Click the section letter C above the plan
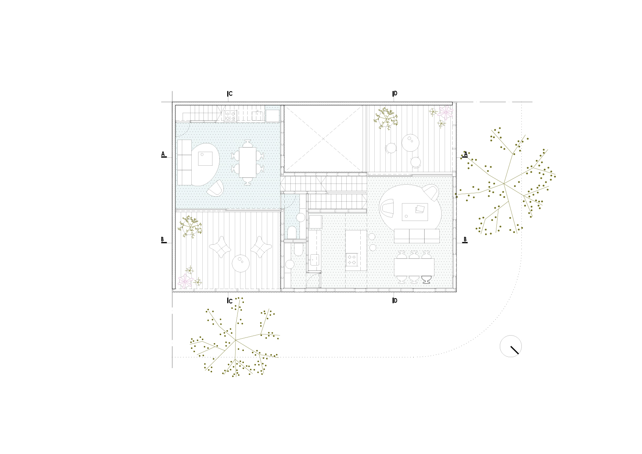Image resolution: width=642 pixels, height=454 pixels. [x=230, y=94]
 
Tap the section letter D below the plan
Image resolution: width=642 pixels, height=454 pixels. [x=395, y=301]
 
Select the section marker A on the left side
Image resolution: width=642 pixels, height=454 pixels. [x=163, y=154]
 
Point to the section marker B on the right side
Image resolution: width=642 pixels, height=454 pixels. [x=465, y=240]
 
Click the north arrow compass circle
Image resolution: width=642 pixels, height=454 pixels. [x=511, y=346]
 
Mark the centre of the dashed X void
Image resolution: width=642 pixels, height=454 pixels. [x=324, y=138]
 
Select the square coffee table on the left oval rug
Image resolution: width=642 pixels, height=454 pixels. [x=205, y=159]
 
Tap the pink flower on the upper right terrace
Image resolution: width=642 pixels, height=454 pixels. [x=446, y=113]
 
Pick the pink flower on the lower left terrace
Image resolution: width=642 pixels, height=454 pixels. [x=185, y=281]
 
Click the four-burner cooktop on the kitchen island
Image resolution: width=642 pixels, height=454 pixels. [x=352, y=259]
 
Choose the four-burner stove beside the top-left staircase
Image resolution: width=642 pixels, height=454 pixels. [x=230, y=115]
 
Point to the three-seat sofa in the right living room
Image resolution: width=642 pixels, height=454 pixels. [x=417, y=236]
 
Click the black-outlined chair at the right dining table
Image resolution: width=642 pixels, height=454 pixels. [x=426, y=280]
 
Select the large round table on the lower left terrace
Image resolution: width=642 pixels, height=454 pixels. [x=241, y=264]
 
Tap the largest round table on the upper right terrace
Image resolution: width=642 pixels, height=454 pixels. [x=410, y=143]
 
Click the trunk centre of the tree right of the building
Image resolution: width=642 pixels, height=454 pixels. [x=504, y=184]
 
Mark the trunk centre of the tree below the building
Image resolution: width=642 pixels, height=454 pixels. [x=236, y=340]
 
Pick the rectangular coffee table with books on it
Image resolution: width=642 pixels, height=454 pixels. [x=415, y=212]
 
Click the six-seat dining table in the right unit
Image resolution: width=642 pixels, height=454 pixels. [x=414, y=267]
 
